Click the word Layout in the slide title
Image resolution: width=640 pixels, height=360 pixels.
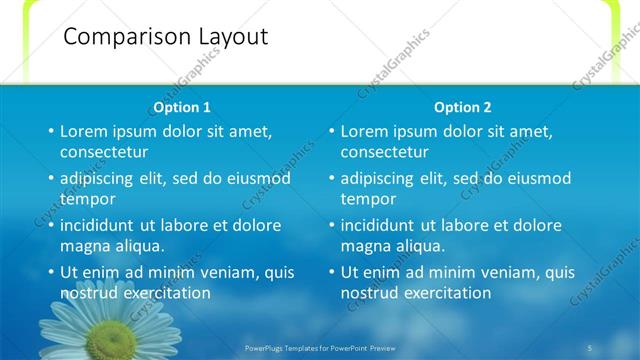pyautogui.click(x=231, y=37)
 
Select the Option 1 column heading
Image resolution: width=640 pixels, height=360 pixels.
pyautogui.click(x=182, y=107)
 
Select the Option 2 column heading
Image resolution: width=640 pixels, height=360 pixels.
pyautogui.click(x=462, y=107)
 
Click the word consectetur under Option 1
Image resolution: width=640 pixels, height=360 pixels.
pyautogui.click(x=104, y=152)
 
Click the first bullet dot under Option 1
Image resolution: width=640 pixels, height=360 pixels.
pyautogui.click(x=51, y=131)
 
